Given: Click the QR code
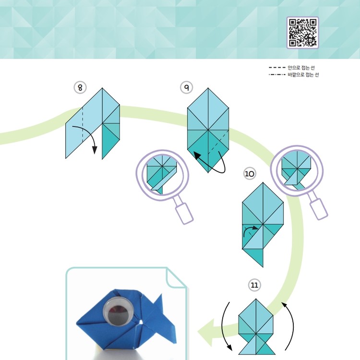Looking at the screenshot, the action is [302, 33].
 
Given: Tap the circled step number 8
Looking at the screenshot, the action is [80, 87].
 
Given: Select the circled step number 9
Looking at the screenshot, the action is [186, 87].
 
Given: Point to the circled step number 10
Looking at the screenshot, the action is [250, 174].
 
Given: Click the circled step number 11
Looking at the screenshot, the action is [254, 285].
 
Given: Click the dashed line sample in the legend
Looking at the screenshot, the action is [277, 68].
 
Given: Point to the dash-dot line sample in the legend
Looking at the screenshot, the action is [277, 74].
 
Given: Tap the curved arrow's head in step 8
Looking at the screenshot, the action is [95, 150].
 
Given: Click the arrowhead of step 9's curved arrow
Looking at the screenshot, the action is [197, 156].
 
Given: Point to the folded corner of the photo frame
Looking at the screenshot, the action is [176, 277].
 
